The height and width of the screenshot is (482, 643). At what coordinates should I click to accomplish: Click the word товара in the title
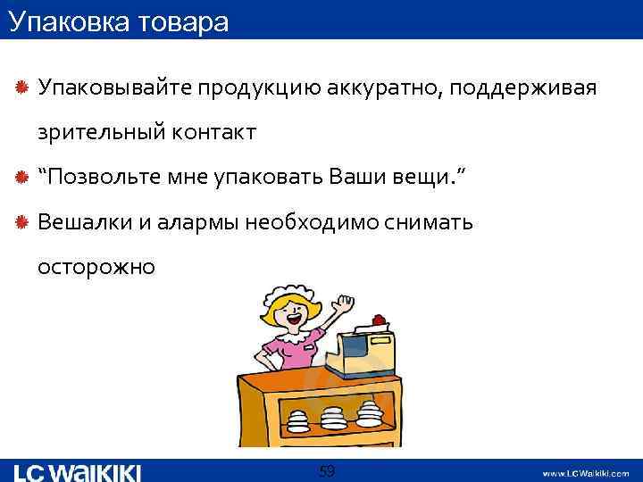(180, 21)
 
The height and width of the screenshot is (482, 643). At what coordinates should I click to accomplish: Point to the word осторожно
(96, 266)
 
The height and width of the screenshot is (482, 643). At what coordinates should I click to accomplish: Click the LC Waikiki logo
(79, 472)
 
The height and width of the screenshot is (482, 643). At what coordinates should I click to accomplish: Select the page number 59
(327, 470)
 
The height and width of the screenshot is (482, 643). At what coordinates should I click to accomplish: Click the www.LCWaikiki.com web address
(585, 473)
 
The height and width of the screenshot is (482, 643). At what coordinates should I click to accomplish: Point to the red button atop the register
(379, 319)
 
